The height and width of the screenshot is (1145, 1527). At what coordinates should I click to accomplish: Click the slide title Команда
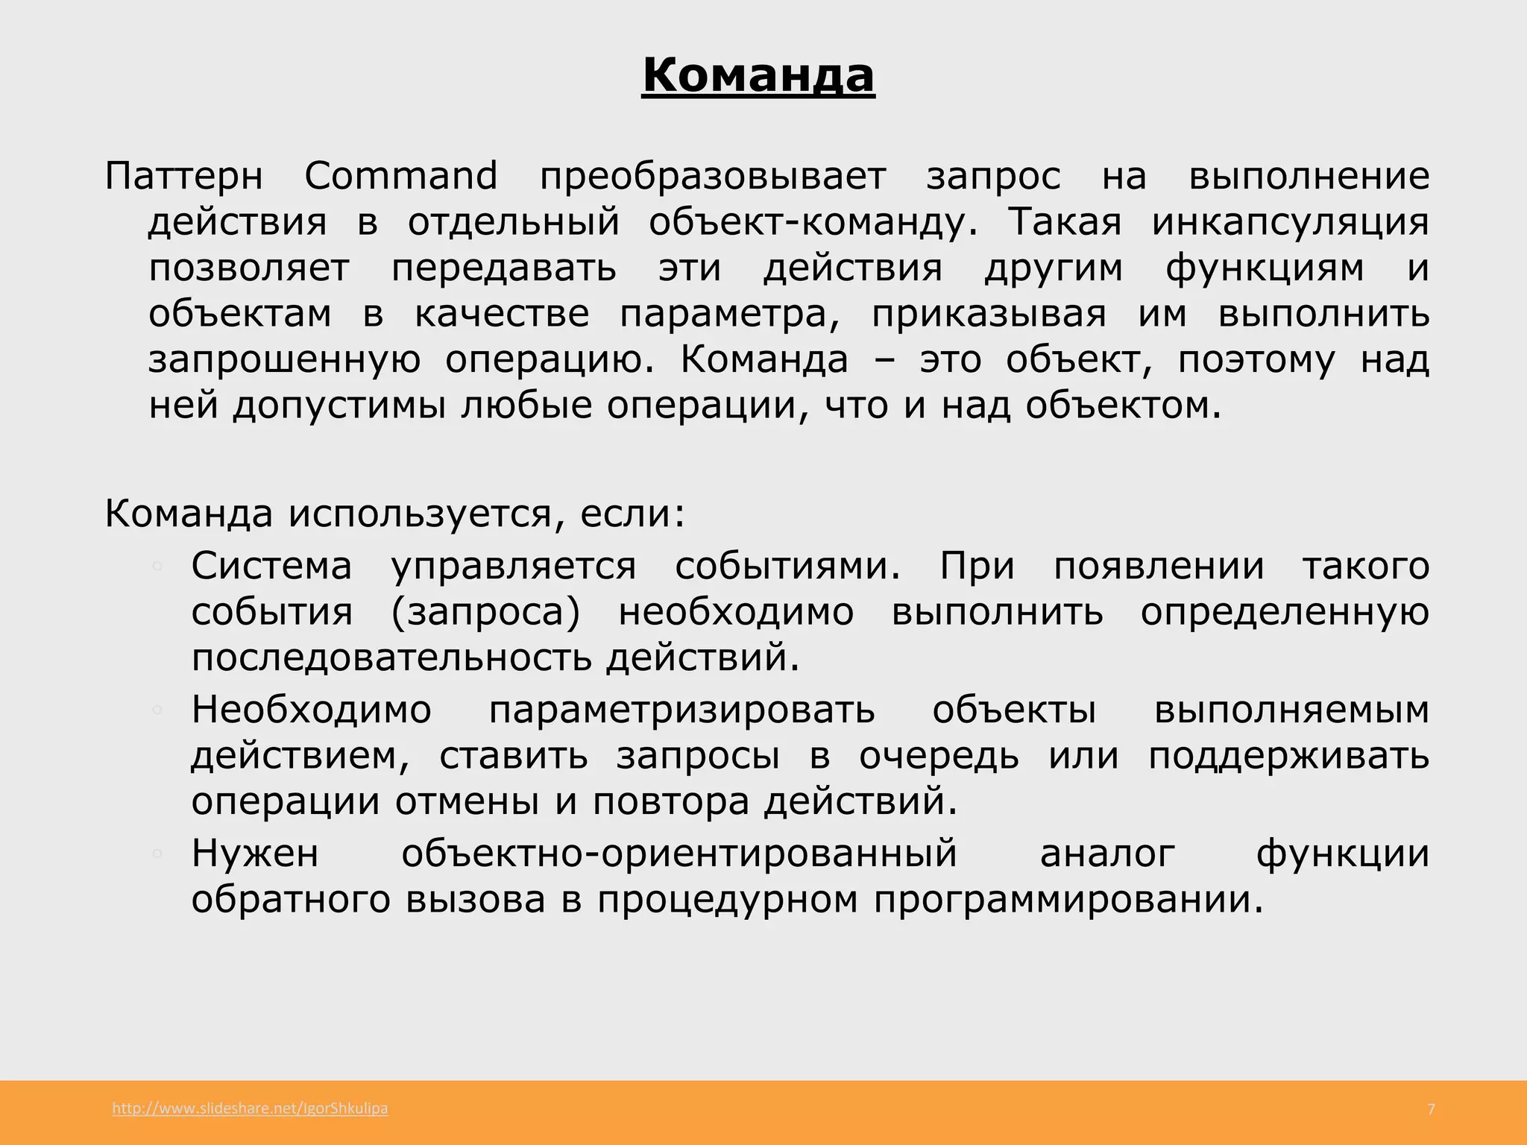[x=758, y=76]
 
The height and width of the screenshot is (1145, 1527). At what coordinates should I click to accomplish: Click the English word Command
[x=400, y=177]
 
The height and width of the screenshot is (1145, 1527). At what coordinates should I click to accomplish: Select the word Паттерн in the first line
[x=183, y=177]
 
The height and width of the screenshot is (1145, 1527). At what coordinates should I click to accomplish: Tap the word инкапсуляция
[x=1290, y=222]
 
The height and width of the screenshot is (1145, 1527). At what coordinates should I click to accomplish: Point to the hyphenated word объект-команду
[x=812, y=222]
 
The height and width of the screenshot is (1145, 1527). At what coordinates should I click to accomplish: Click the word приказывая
[x=989, y=314]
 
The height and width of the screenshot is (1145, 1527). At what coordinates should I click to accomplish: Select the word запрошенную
[x=284, y=360]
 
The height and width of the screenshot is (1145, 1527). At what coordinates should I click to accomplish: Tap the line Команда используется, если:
[x=394, y=514]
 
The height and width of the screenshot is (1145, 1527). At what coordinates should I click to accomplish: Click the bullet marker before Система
[x=157, y=566]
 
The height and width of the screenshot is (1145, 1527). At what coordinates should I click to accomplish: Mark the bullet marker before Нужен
[x=157, y=854]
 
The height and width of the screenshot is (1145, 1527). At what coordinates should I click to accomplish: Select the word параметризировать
[x=681, y=710]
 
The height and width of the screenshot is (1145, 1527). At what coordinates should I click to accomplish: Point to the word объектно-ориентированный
[x=679, y=854]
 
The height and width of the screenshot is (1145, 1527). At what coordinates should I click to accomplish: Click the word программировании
[x=1068, y=900]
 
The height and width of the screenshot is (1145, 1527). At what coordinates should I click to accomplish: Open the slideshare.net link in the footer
[x=250, y=1108]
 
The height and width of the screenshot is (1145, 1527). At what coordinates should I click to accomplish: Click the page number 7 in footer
[x=1430, y=1109]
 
